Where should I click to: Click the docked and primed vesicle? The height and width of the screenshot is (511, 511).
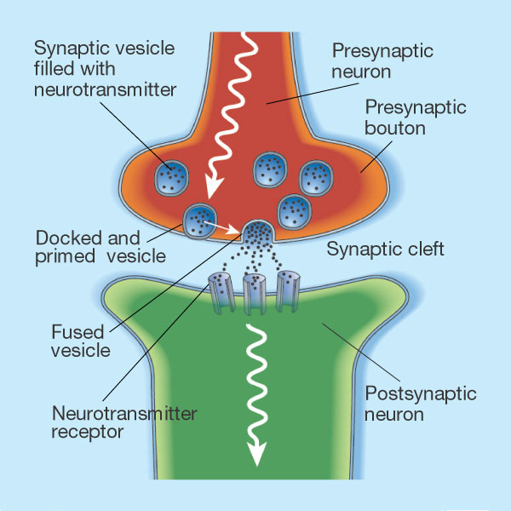(x=200, y=220)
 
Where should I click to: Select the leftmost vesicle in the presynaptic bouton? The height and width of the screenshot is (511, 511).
(x=172, y=177)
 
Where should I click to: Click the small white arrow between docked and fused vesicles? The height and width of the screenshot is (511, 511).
(x=224, y=227)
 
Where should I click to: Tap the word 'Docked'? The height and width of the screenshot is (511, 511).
(x=66, y=237)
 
